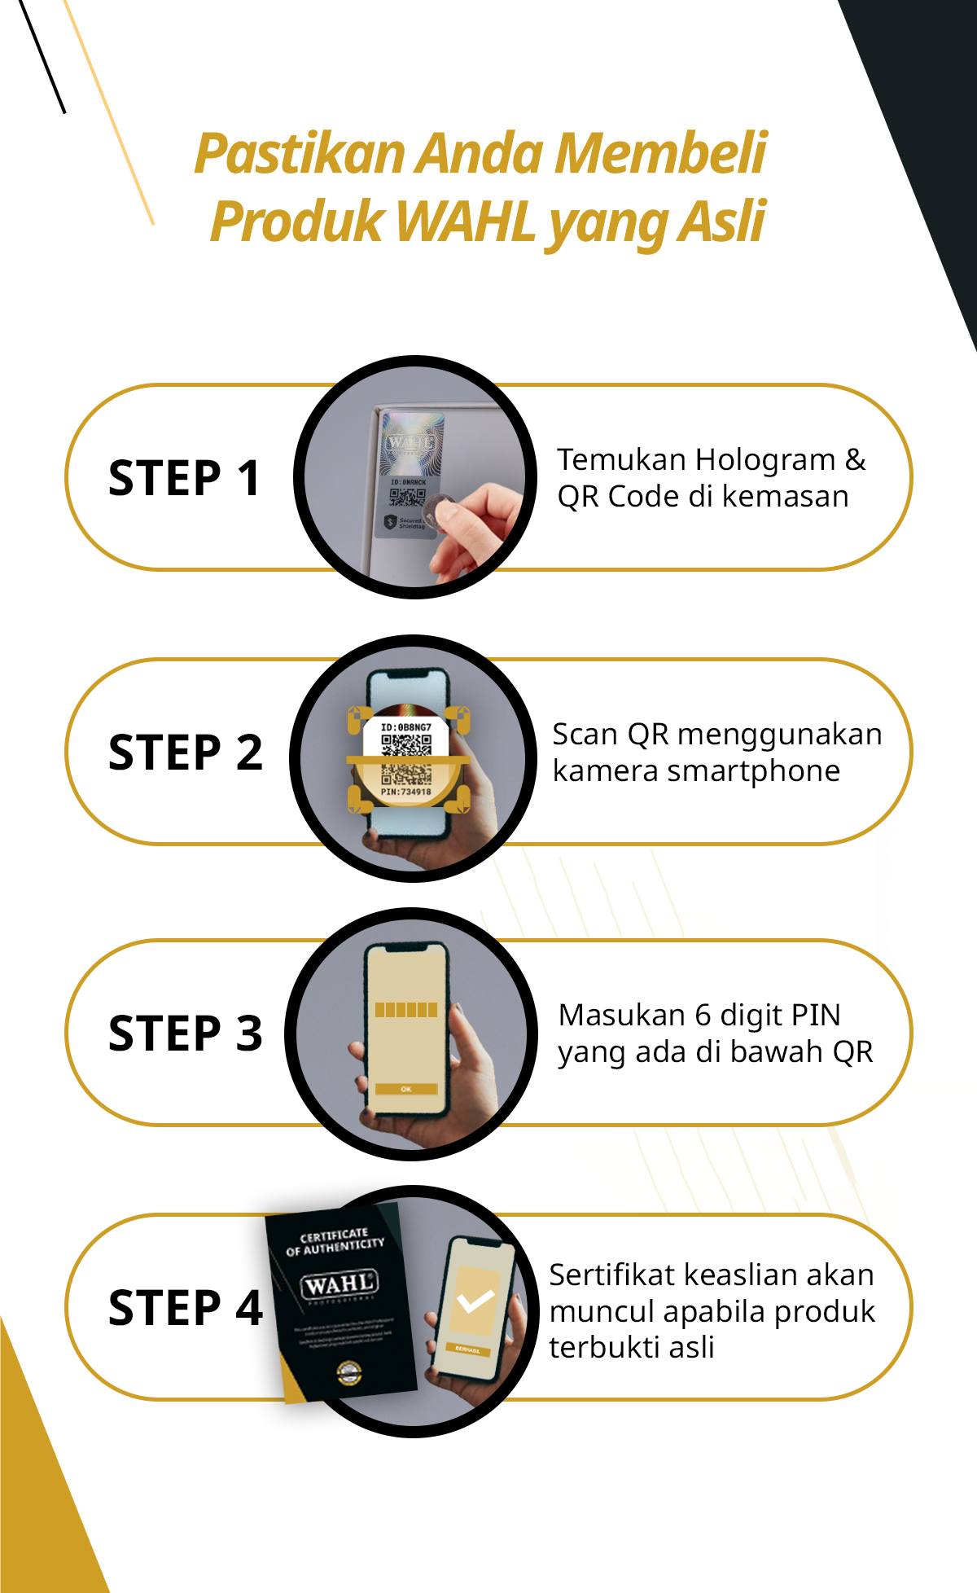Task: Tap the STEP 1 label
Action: tap(185, 478)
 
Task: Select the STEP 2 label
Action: tap(186, 753)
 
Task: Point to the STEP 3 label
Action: tap(186, 1033)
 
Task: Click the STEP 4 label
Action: tap(186, 1308)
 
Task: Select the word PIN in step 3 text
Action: tap(815, 1016)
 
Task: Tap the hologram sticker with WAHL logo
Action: tap(412, 444)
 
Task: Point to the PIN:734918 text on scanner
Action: tap(405, 792)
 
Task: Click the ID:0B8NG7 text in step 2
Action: tap(405, 727)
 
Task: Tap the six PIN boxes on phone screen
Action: tap(406, 1011)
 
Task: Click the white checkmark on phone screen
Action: tap(475, 1301)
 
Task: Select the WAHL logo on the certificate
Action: tap(340, 1285)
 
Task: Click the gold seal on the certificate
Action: tap(349, 1372)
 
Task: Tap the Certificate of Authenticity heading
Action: tap(335, 1241)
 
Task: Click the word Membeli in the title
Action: tap(661, 154)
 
